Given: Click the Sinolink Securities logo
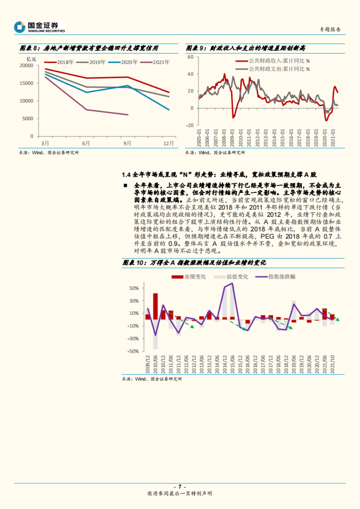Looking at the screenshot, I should click(x=39, y=27).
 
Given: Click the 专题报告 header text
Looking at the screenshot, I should click(x=330, y=29).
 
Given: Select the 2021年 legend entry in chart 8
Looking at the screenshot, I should click(x=156, y=62).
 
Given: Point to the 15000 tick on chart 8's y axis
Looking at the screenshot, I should click(x=26, y=83).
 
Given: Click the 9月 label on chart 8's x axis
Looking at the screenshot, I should click(x=127, y=143).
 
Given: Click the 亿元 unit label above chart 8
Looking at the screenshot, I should click(x=31, y=59).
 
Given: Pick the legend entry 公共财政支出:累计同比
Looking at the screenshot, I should click(x=273, y=69).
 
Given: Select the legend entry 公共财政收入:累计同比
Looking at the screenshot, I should click(x=273, y=61).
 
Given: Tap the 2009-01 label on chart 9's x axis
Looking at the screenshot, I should click(x=232, y=138).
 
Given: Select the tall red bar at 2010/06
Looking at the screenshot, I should click(x=155, y=306).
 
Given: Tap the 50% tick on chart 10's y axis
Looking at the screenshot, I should click(x=134, y=288).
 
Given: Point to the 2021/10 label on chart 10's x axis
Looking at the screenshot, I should click(x=332, y=364).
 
